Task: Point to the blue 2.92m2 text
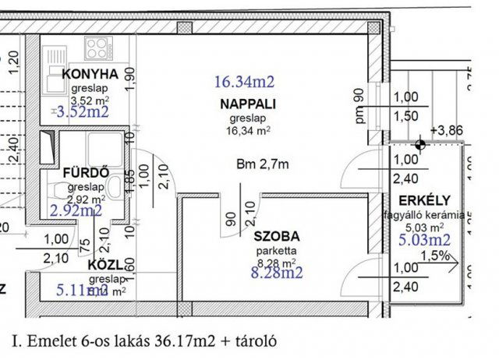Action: (76, 210)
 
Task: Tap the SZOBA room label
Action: (276, 235)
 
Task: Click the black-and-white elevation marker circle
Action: (421, 143)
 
